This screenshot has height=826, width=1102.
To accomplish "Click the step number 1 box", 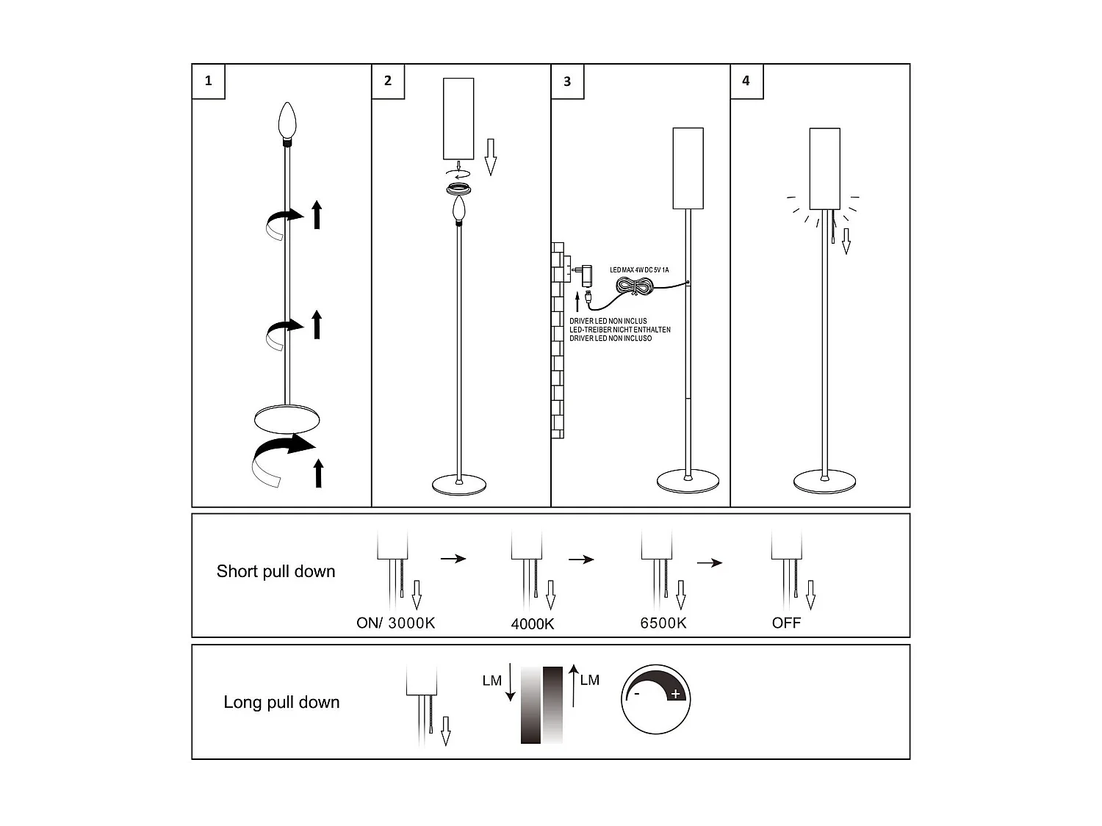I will point(208,81).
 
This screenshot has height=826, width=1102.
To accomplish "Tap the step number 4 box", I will point(746,81).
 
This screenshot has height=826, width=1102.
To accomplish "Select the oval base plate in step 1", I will point(287,420).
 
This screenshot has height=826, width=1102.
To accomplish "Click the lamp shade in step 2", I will point(458,118).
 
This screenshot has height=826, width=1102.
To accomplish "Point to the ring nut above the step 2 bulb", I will point(458,189).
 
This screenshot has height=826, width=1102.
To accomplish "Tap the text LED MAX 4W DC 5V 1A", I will point(639,270).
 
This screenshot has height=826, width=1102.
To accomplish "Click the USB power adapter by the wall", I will point(586,275).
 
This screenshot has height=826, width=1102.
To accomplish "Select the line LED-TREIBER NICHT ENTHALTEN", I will point(620,330).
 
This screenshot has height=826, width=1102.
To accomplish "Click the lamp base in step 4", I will point(824,482).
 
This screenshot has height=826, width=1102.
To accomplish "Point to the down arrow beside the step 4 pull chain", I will point(846,241).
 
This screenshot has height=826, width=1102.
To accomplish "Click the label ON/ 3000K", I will point(395,623).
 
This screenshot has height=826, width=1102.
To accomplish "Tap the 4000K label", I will point(533,625).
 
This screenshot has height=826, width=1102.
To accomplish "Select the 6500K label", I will point(663,623).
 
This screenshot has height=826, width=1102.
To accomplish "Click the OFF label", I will point(786,623).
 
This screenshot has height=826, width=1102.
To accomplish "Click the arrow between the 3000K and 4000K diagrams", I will point(453,559).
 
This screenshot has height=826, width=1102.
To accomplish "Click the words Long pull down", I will point(281,703).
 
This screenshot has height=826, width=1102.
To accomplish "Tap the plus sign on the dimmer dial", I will point(676,694).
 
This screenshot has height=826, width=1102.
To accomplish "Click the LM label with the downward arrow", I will point(491,681).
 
